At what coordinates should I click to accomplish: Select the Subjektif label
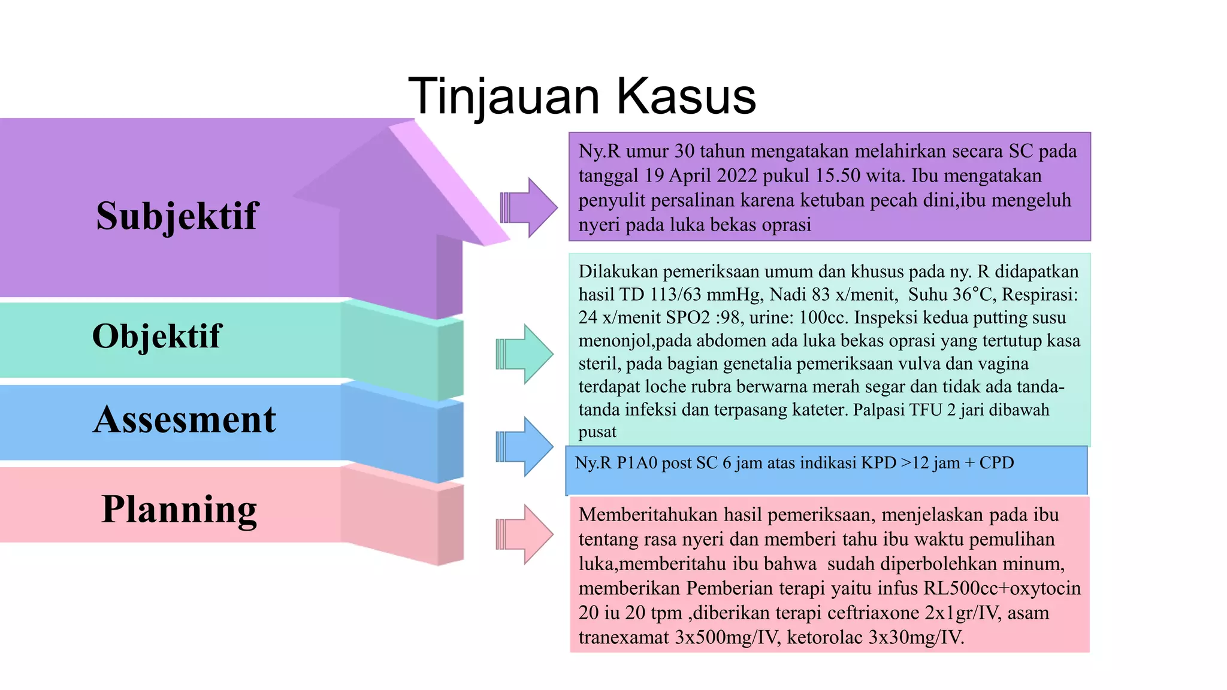(177, 216)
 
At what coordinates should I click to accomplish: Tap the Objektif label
(156, 335)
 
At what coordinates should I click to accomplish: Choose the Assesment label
(185, 419)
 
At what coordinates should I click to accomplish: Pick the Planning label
(179, 509)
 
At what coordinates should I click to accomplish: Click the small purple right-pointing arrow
(528, 208)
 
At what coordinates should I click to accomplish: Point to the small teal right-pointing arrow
(525, 354)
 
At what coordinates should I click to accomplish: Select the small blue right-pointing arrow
(525, 447)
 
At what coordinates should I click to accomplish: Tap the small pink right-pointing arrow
(525, 534)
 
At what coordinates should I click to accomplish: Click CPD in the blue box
(996, 463)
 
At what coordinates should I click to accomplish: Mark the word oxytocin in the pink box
(1045, 588)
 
